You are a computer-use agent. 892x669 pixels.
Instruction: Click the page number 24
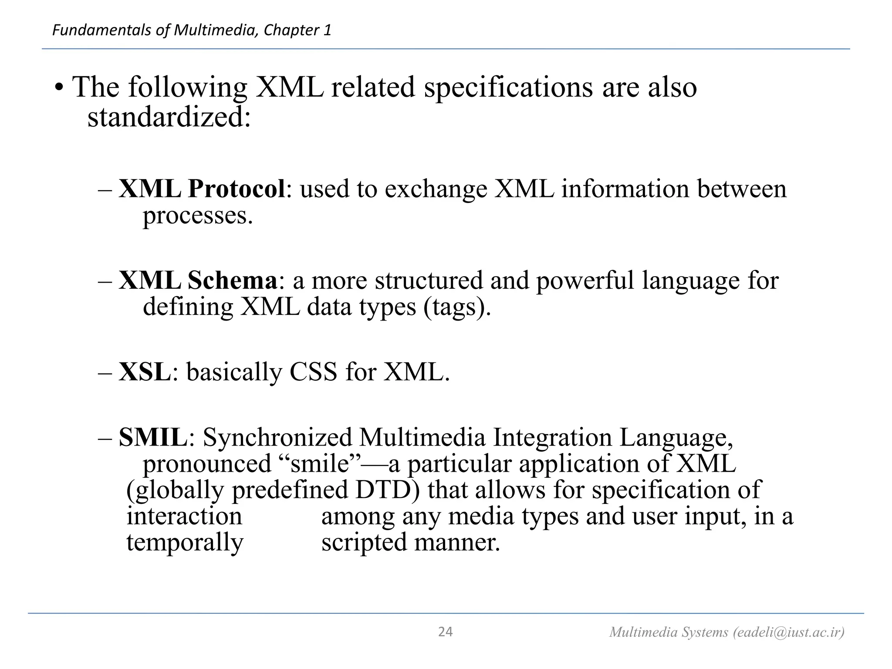(445, 632)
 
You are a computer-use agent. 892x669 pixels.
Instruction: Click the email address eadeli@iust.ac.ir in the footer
(787, 632)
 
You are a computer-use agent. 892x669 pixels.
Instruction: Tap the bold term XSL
(145, 372)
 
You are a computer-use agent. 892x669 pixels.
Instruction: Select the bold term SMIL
(153, 437)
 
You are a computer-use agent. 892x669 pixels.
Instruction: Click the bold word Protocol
(237, 189)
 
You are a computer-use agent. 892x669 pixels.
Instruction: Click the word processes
(198, 215)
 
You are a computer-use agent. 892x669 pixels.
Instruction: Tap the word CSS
(313, 372)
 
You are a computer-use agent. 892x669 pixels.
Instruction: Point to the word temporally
(185, 543)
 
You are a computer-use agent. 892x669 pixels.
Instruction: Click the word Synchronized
(277, 437)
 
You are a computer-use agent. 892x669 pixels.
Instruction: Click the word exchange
(436, 189)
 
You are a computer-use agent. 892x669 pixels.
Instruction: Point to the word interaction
(184, 516)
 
